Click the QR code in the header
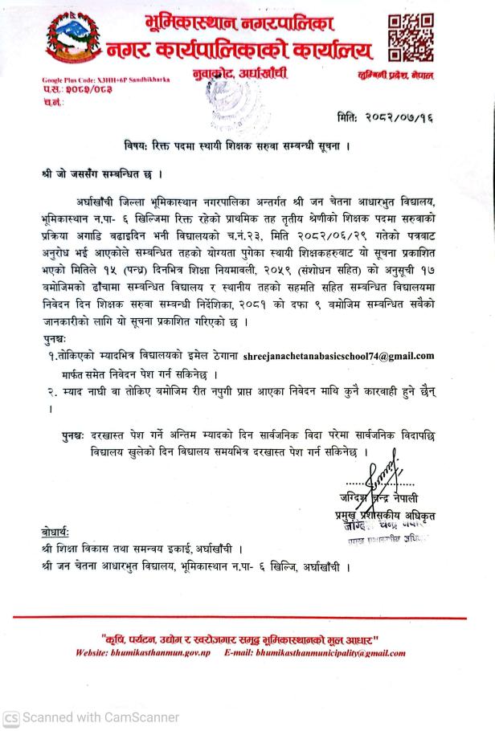pyautogui.click(x=408, y=39)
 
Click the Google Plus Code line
pyautogui.click(x=105, y=80)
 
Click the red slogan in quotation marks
pyautogui.click(x=246, y=639)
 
